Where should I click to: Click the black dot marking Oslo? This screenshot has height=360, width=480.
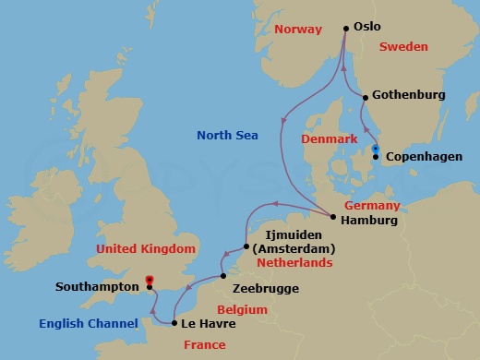(x=346, y=28)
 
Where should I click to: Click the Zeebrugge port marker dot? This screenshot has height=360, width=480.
(x=223, y=276)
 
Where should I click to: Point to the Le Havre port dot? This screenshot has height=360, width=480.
(x=174, y=323)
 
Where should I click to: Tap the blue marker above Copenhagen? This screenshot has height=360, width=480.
(x=375, y=149)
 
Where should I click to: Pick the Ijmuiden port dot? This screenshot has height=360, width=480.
(x=246, y=246)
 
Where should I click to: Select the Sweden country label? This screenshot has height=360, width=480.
(x=410, y=44)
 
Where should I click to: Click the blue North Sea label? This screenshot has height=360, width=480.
(x=227, y=136)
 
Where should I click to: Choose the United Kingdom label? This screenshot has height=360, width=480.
(x=147, y=248)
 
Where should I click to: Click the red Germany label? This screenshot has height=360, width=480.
(x=372, y=205)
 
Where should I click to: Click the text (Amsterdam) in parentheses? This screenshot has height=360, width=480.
(x=294, y=248)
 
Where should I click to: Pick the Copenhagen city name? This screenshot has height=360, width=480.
(x=423, y=157)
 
